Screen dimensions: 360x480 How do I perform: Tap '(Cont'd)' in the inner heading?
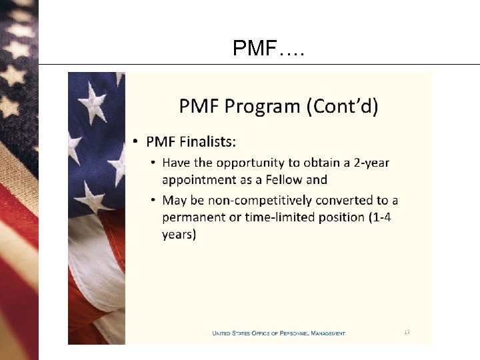point(341,106)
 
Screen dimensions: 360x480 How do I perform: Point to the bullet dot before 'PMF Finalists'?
point(135,141)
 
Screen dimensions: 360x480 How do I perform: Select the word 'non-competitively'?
point(267,201)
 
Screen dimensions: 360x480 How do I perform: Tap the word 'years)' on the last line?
point(179,235)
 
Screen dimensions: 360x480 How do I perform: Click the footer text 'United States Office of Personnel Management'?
point(279,333)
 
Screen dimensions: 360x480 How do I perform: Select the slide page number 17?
point(407,331)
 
